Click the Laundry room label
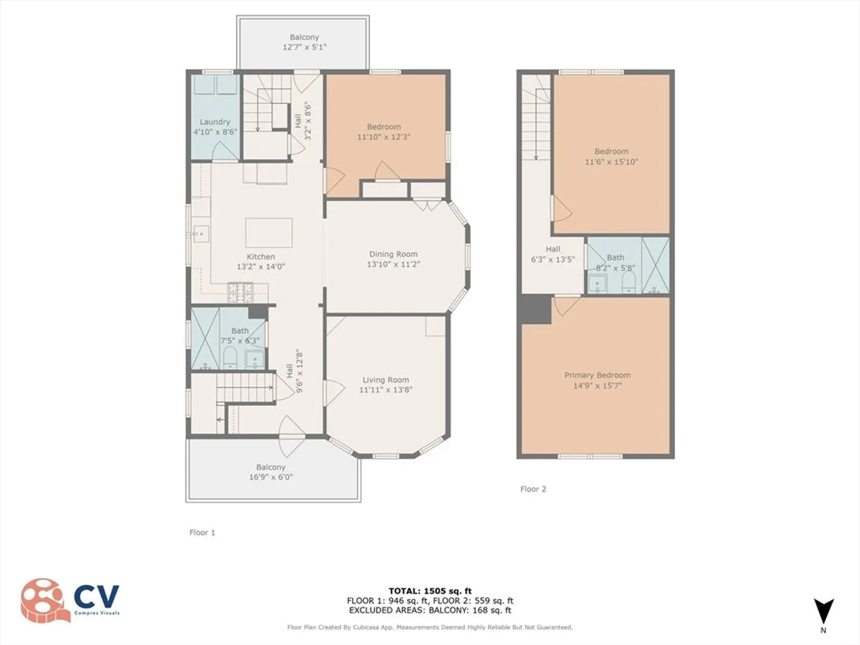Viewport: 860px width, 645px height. (x=215, y=122)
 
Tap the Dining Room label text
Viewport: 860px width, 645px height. (x=394, y=254)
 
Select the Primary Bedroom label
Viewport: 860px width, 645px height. (x=597, y=375)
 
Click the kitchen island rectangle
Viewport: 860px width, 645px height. (x=269, y=233)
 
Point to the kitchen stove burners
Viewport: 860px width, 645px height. (x=241, y=292)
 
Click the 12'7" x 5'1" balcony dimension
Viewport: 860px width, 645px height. (x=305, y=47)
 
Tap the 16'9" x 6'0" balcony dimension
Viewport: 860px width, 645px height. (x=271, y=477)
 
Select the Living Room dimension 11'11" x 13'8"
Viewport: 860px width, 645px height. (x=386, y=389)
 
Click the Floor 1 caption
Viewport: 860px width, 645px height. (x=202, y=533)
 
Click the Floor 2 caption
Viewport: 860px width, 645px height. (x=533, y=489)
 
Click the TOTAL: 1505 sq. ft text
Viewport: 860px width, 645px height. (x=430, y=591)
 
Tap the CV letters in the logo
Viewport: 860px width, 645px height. (x=97, y=596)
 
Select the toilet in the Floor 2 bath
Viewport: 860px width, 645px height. (x=629, y=282)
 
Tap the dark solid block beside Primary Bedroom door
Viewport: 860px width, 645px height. (x=536, y=309)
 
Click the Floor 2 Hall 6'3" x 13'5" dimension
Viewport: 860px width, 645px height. (x=553, y=259)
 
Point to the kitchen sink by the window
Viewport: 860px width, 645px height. (x=201, y=234)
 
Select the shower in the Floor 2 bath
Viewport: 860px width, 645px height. (x=656, y=265)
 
